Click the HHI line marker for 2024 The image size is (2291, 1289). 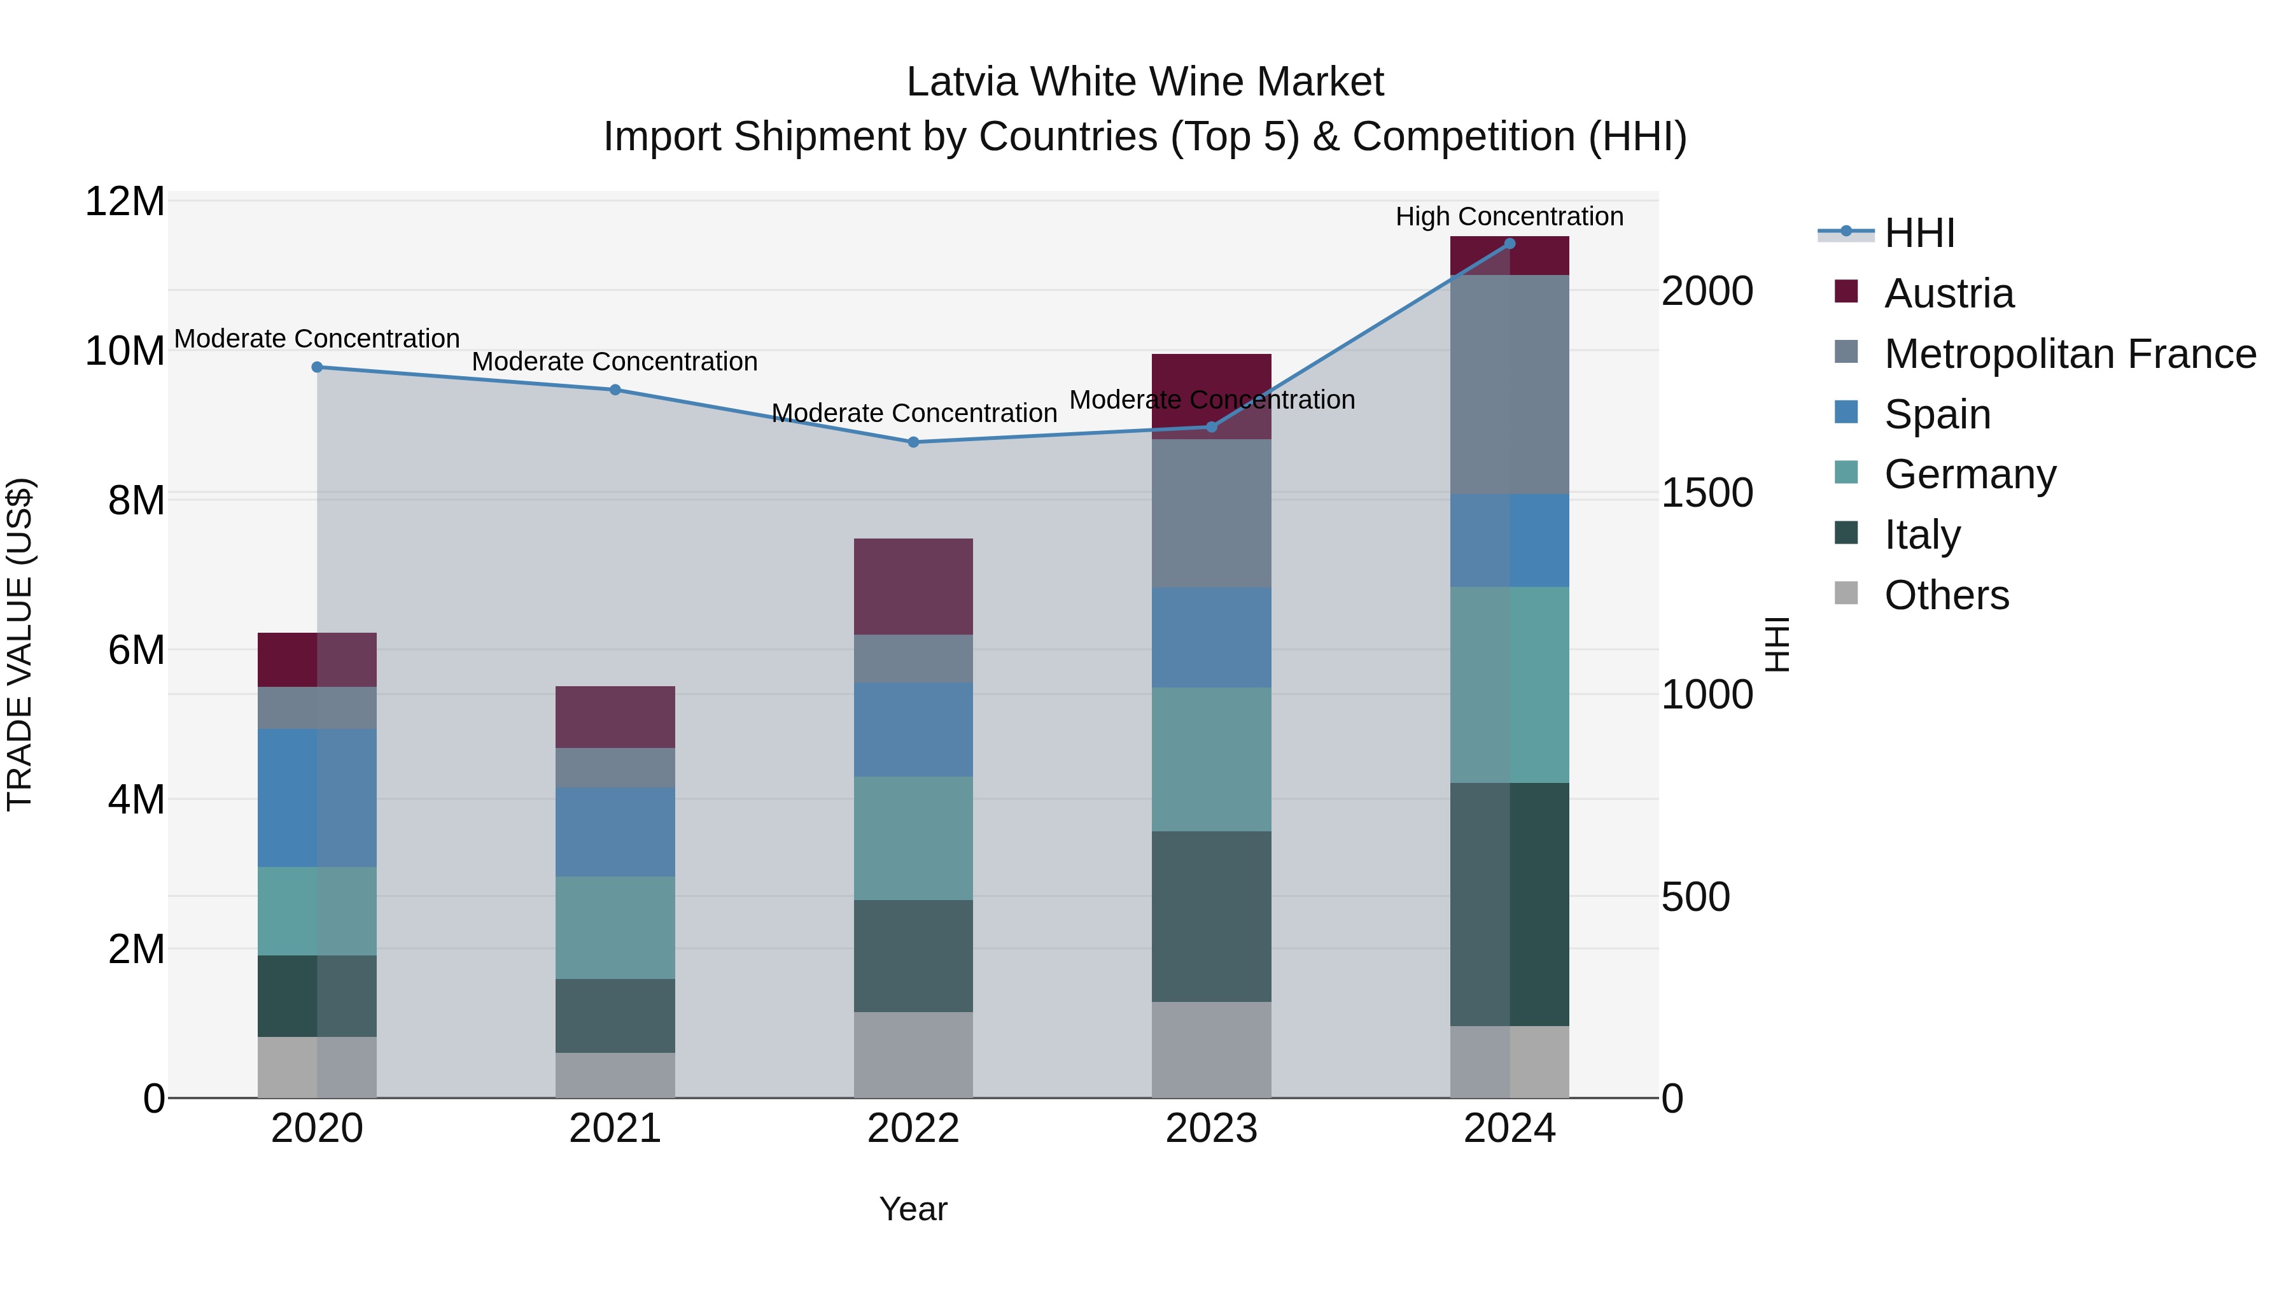[1510, 244]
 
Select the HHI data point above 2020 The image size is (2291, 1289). [318, 367]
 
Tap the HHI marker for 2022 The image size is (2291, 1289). [913, 442]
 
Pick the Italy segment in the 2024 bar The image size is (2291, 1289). [1510, 904]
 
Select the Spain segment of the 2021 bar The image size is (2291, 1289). [615, 832]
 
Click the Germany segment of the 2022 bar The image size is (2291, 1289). [913, 838]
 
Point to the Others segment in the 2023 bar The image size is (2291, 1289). [1211, 1050]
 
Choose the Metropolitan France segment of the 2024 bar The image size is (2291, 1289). [1510, 384]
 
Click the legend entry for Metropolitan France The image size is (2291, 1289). [2070, 354]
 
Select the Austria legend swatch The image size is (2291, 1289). [1846, 292]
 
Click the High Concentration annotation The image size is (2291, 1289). [1510, 216]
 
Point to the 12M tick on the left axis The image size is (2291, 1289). [125, 202]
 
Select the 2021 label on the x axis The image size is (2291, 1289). [615, 1129]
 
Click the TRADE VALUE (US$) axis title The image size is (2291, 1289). [20, 644]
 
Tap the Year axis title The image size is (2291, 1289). [913, 1209]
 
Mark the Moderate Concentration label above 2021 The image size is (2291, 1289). [615, 362]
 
